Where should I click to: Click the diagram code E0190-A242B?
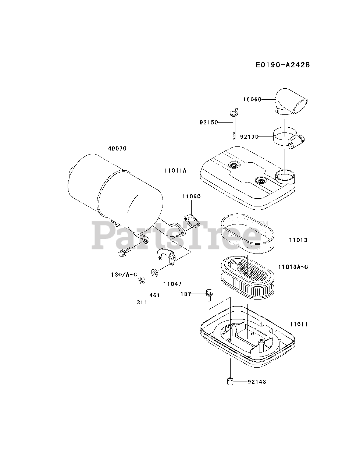(283, 65)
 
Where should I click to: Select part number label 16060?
(252, 99)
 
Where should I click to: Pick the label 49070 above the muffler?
(117, 149)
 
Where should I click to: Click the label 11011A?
(176, 171)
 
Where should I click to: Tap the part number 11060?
(192, 196)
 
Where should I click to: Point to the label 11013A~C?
(293, 266)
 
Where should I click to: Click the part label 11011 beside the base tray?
(298, 324)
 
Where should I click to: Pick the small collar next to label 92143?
(230, 382)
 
